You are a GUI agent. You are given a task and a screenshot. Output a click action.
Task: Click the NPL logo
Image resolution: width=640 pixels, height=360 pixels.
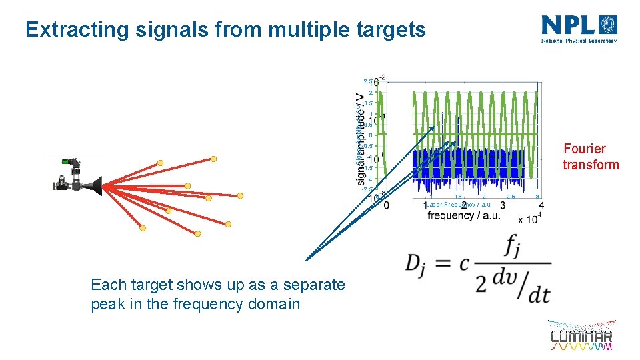pos(579,29)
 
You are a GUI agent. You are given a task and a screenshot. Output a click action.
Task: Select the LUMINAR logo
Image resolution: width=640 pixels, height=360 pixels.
pos(581,337)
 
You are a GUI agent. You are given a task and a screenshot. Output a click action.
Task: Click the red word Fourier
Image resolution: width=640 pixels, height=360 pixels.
pos(585,149)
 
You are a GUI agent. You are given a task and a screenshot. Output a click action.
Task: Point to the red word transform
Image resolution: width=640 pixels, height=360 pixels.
pos(591,165)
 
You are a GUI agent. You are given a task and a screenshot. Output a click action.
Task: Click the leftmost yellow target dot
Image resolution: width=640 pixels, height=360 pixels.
pos(143,228)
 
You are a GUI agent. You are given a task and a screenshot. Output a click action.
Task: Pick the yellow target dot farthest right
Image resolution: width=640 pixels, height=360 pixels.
pos(240,195)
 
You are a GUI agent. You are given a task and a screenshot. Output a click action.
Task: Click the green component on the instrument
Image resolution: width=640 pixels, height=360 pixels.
pos(67,161)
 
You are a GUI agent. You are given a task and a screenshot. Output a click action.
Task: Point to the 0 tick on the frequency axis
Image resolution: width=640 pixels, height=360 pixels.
pos(387,206)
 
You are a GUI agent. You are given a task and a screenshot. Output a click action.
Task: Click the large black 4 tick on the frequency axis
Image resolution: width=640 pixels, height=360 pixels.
pos(541,206)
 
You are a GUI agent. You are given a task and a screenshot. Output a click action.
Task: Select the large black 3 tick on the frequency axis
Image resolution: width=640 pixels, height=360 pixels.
pos(502,206)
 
